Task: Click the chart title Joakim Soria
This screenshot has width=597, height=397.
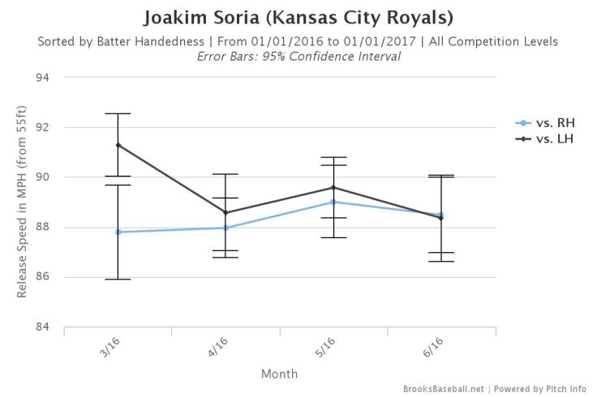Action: click(x=298, y=17)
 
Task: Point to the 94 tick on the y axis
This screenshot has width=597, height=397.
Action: click(x=43, y=78)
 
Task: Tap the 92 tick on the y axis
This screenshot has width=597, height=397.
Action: click(x=43, y=127)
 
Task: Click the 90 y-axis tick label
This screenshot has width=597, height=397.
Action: click(x=43, y=177)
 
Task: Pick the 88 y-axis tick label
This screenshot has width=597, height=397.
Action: click(x=43, y=228)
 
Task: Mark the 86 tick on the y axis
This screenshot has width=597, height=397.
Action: click(x=43, y=277)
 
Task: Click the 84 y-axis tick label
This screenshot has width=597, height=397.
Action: click(x=43, y=327)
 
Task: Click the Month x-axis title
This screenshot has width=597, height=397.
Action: click(x=279, y=374)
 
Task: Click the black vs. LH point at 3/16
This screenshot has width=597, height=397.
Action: click(x=118, y=145)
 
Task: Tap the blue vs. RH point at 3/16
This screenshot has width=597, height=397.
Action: click(x=118, y=232)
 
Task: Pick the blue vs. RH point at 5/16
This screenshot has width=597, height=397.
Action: click(x=333, y=202)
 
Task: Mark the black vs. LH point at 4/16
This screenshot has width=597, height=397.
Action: click(x=225, y=213)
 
